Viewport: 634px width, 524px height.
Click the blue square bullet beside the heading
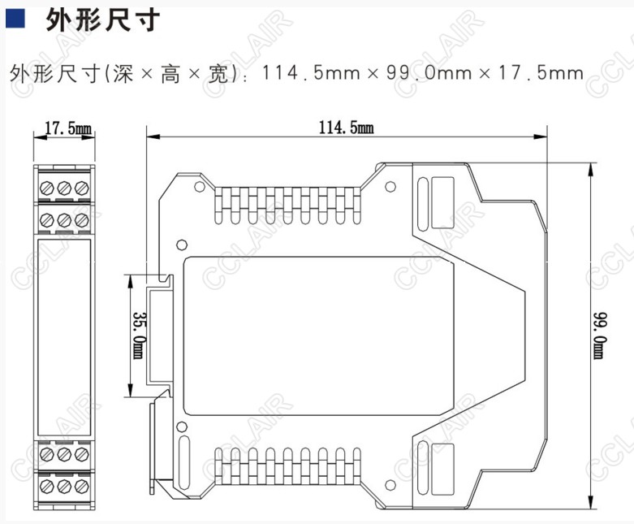(14, 20)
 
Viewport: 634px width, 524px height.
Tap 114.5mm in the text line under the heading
(309, 74)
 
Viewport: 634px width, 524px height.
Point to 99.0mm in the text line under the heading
(429, 74)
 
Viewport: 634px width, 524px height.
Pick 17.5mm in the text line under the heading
(541, 74)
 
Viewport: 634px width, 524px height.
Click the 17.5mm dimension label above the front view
(68, 128)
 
